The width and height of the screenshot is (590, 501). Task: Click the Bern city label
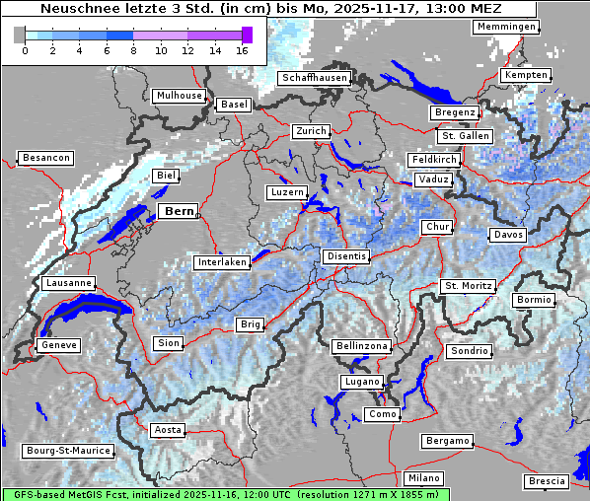(x=178, y=211)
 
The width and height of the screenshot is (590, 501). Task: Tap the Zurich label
(x=310, y=131)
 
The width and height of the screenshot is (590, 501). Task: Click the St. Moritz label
(x=467, y=286)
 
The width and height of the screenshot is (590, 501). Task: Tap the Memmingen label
(x=505, y=27)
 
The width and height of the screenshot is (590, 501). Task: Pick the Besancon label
(x=45, y=158)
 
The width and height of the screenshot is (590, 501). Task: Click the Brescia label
(x=547, y=481)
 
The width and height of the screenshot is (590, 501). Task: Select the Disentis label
(x=345, y=256)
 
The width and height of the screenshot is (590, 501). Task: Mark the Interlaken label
(x=221, y=263)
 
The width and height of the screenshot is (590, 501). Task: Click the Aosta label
(x=167, y=430)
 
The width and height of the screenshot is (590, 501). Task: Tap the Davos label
(x=508, y=236)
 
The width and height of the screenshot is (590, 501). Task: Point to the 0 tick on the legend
(x=24, y=50)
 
